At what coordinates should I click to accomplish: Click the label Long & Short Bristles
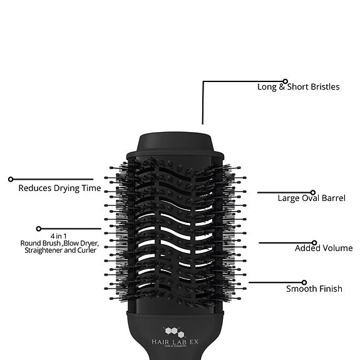click(299, 87)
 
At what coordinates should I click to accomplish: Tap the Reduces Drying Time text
click(59, 188)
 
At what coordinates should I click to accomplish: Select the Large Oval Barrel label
click(312, 198)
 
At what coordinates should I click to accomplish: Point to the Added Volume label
click(324, 249)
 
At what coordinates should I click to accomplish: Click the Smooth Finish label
click(314, 289)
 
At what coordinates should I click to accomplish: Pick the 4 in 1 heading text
click(59, 236)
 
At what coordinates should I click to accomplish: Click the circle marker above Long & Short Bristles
click(285, 81)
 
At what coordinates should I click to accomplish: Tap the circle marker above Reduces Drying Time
click(11, 180)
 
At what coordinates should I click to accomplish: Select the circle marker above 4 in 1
click(39, 229)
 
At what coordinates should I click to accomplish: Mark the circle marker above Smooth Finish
click(304, 282)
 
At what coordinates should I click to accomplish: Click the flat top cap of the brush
click(177, 142)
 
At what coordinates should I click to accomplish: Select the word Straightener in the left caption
click(44, 250)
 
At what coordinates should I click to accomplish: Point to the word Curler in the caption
click(87, 250)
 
